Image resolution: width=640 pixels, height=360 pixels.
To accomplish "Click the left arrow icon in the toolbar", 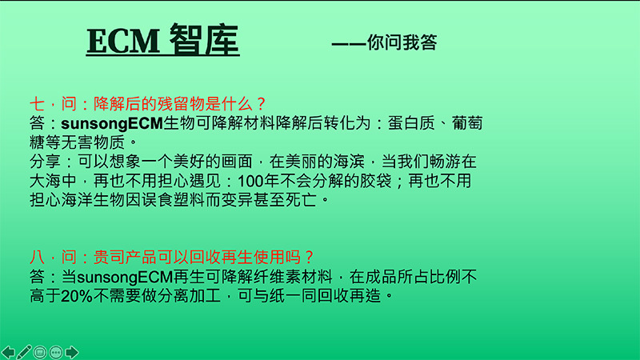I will click(x=9, y=351).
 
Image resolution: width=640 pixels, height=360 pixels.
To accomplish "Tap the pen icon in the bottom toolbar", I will click(x=24, y=351).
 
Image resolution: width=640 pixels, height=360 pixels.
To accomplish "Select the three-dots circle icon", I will click(x=56, y=351).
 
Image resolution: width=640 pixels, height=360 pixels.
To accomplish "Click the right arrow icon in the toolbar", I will click(x=72, y=351).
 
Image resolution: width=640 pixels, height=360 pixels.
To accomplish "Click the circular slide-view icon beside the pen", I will click(x=40, y=351).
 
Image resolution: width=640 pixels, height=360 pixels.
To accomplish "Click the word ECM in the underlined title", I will click(x=123, y=41).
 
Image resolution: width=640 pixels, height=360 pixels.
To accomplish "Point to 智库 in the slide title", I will click(x=204, y=41).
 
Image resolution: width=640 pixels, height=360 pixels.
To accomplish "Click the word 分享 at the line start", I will click(x=43, y=162).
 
